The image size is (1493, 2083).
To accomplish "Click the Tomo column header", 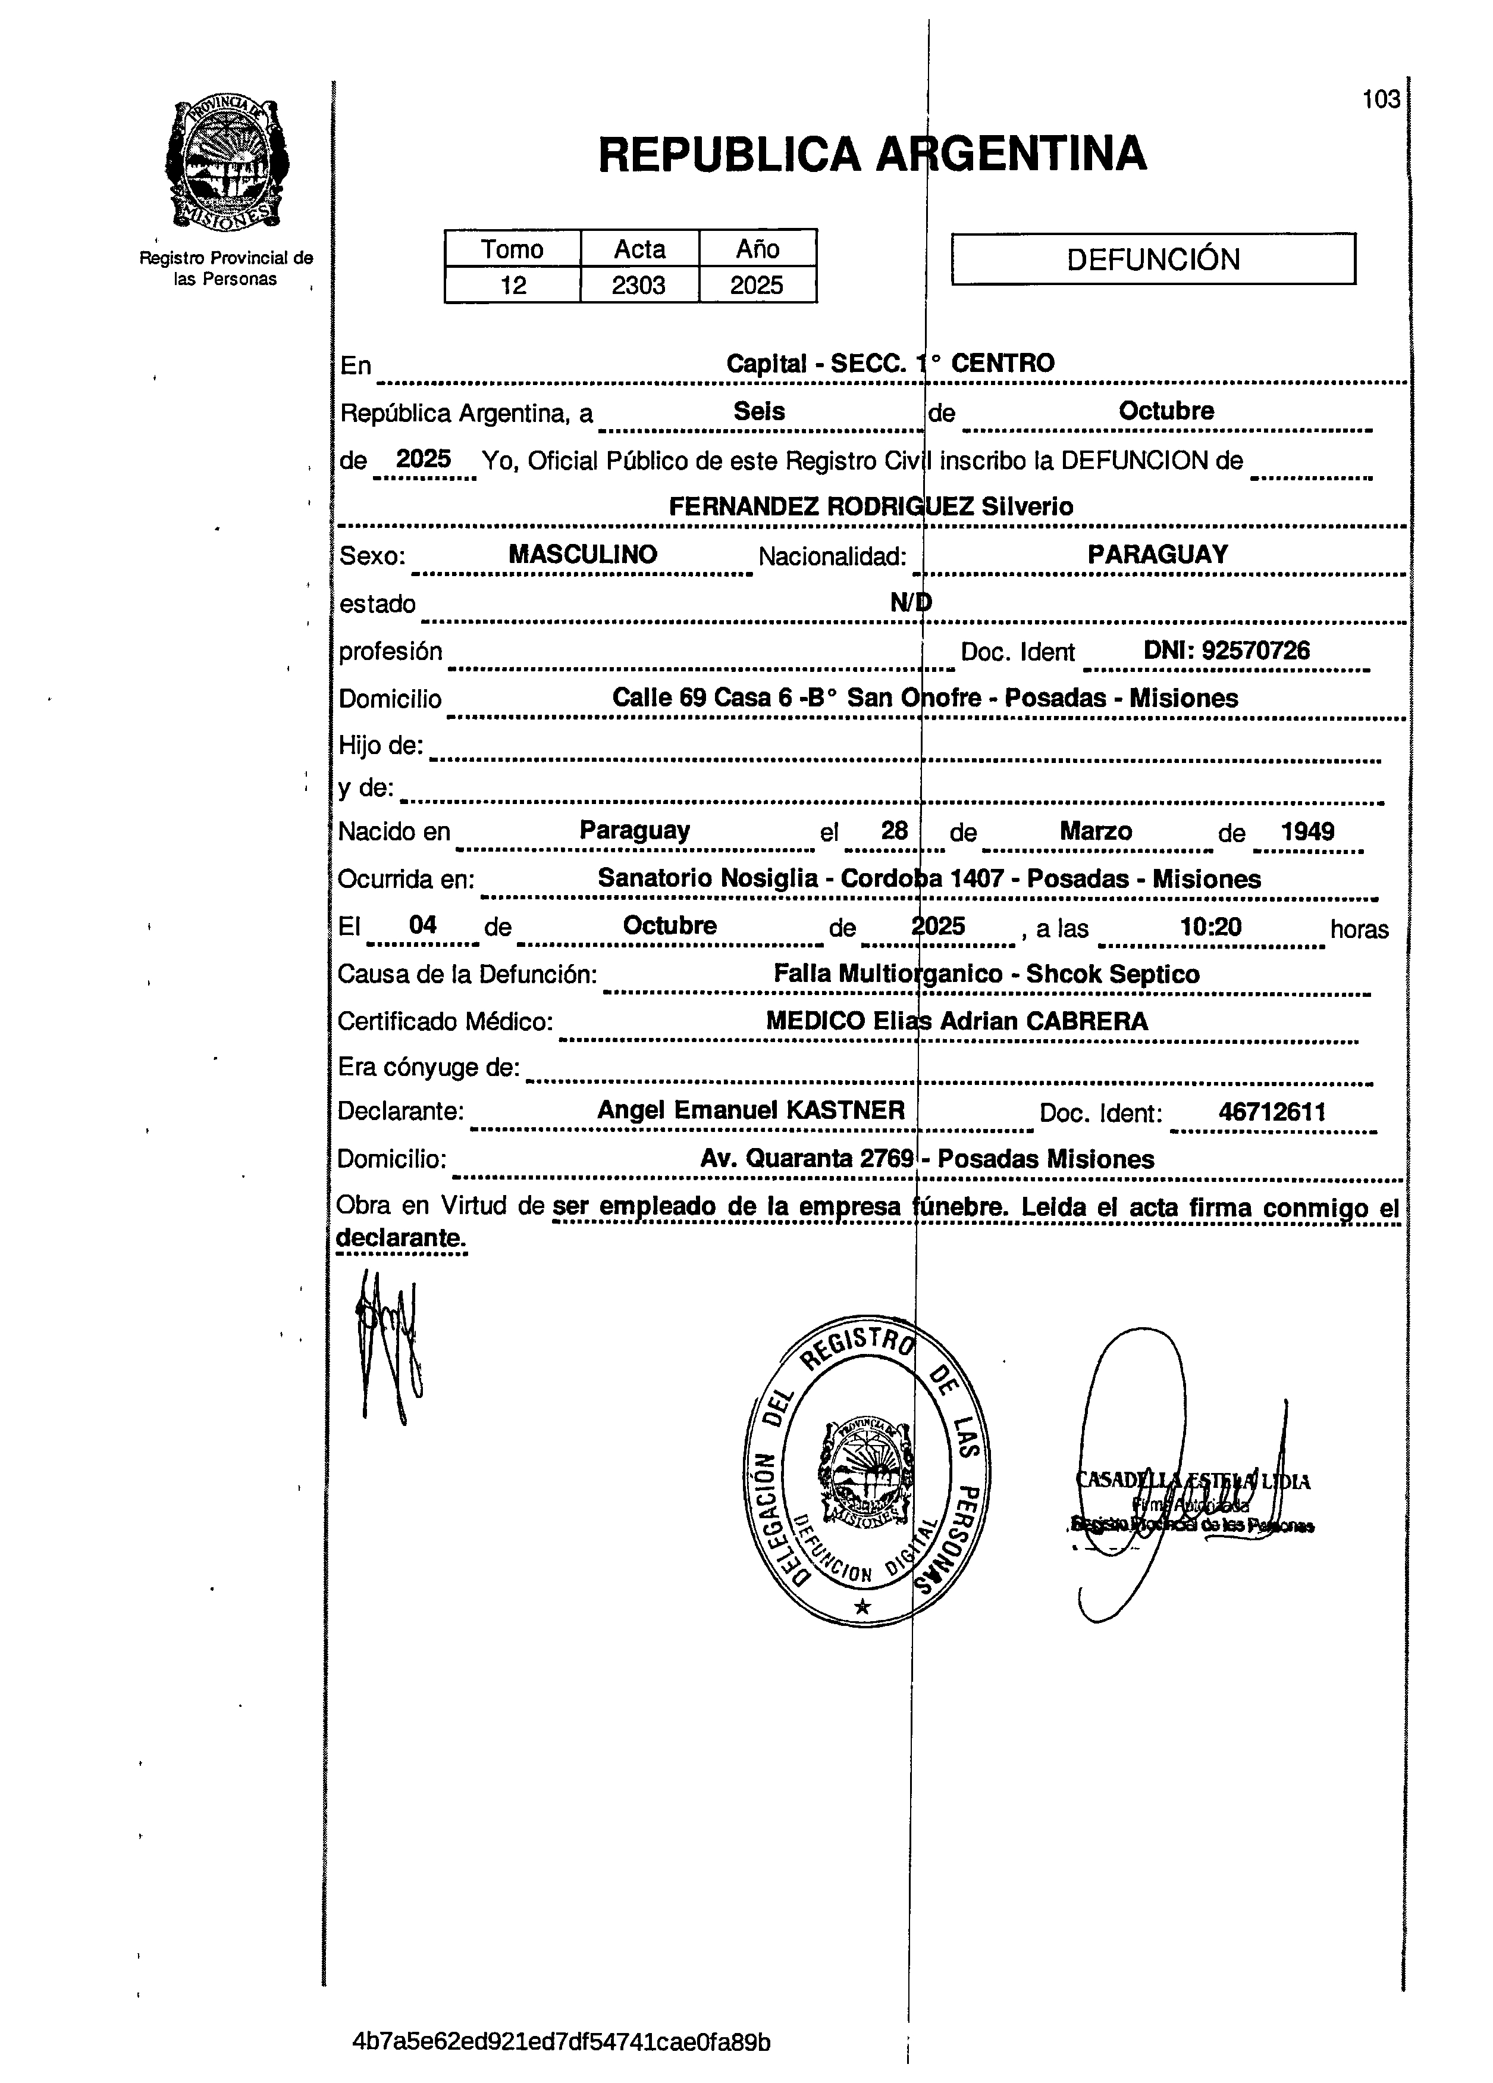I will pyautogui.click(x=512, y=249).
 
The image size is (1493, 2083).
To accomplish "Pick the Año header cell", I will pyautogui.click(x=758, y=249).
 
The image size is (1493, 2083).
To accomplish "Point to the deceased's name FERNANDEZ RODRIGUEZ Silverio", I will pyautogui.click(x=870, y=506).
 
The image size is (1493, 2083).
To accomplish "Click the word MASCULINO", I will pyautogui.click(x=583, y=555).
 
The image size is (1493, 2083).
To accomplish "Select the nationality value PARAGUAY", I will pyautogui.click(x=1157, y=555).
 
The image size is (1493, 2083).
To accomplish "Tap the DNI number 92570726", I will pyautogui.click(x=1255, y=651).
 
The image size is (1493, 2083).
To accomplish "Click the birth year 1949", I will pyautogui.click(x=1307, y=832).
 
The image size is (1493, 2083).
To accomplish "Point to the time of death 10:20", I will pyautogui.click(x=1210, y=927).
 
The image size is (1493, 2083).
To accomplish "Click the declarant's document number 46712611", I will pyautogui.click(x=1272, y=1112).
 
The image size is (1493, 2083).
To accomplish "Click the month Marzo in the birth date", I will pyautogui.click(x=1096, y=832).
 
